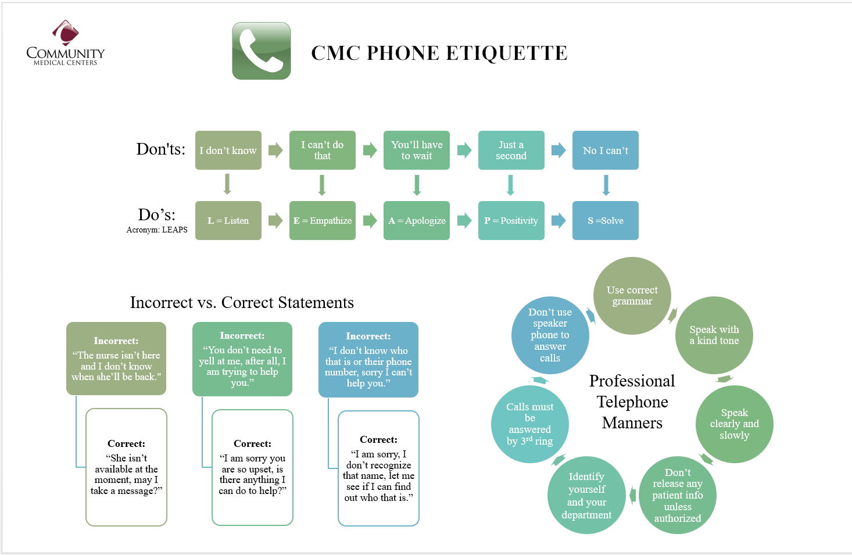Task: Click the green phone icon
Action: (262, 51)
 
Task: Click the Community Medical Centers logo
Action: (66, 42)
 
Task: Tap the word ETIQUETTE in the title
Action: (507, 53)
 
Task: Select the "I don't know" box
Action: (228, 151)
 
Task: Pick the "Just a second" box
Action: (511, 151)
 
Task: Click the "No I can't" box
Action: (606, 151)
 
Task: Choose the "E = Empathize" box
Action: (323, 221)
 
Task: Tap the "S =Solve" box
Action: (606, 221)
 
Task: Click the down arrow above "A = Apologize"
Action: (417, 185)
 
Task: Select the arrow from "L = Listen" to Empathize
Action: (275, 221)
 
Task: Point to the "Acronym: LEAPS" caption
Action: (157, 230)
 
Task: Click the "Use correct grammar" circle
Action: (632, 296)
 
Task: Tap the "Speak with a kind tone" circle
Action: (714, 335)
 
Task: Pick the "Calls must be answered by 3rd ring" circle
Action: (530, 424)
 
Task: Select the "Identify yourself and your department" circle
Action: (586, 495)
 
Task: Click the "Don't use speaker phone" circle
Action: (550, 335)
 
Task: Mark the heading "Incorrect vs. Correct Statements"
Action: (242, 303)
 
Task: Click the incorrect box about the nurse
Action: (116, 359)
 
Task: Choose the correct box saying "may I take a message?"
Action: (126, 467)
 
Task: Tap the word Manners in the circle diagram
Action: (632, 423)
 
